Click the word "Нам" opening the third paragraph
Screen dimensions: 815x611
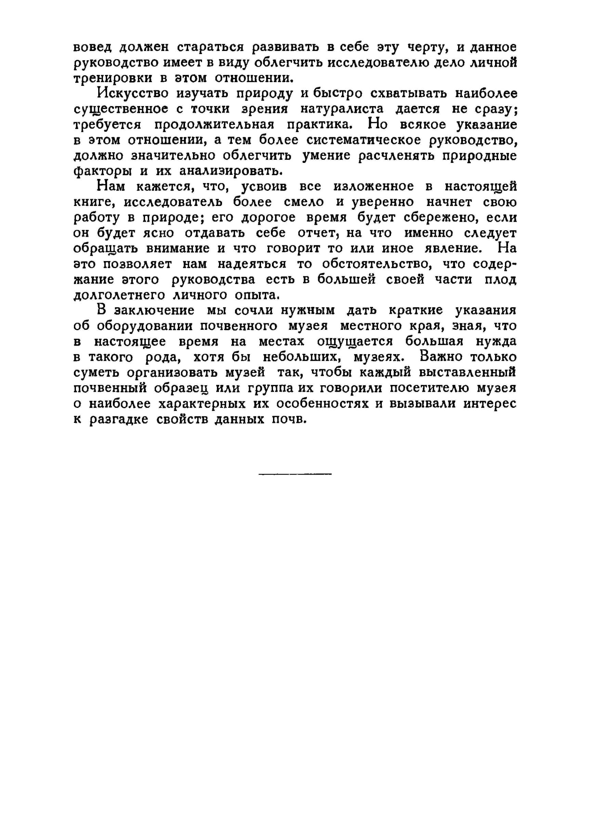pyautogui.click(x=110, y=186)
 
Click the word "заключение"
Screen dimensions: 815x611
pyautogui.click(x=154, y=310)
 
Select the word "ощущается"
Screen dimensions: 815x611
pyautogui.click(x=355, y=341)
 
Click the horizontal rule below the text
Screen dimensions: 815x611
pyautogui.click(x=295, y=474)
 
